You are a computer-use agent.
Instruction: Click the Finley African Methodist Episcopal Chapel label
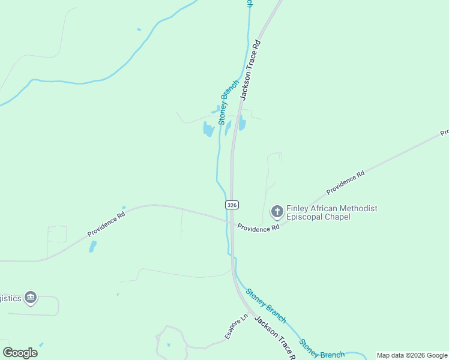331,212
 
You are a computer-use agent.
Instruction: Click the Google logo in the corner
20,353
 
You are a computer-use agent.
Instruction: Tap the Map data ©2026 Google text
412,355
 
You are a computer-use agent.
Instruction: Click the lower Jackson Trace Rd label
274,338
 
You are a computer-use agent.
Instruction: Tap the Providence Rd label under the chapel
258,228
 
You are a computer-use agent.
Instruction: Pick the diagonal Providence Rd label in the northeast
345,183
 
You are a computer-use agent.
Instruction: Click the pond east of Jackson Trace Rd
243,124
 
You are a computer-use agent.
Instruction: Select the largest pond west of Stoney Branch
208,129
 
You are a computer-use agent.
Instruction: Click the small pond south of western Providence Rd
92,246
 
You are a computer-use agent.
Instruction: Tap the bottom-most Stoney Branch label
322,350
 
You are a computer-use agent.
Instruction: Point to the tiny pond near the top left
139,29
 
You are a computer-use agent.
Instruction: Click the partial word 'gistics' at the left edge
10,298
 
